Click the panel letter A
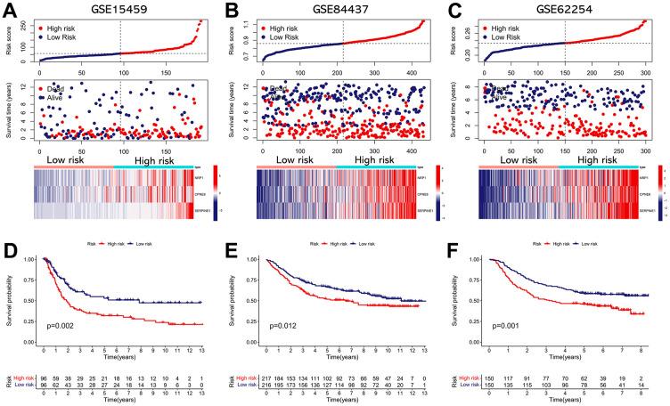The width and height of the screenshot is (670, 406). (x=9, y=12)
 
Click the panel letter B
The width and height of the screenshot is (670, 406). (x=231, y=12)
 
